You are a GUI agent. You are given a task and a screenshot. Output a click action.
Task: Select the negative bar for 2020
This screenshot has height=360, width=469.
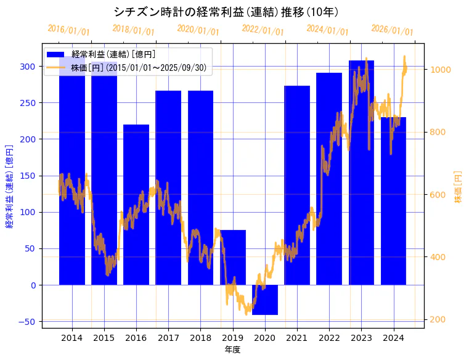pyautogui.click(x=265, y=300)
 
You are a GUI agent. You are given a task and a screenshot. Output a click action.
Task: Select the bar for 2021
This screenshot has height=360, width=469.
pyautogui.click(x=297, y=185)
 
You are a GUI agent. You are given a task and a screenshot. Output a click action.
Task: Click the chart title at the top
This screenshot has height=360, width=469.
pyautogui.click(x=226, y=12)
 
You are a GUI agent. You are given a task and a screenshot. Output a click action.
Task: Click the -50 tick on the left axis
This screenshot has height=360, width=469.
pyautogui.click(x=27, y=322)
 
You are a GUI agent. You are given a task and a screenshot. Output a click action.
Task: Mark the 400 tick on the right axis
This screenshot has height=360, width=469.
pyautogui.click(x=438, y=257)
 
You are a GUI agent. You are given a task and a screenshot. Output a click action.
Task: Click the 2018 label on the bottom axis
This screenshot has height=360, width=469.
pyautogui.click(x=200, y=338)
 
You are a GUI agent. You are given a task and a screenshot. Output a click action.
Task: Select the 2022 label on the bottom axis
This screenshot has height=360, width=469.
pyautogui.click(x=329, y=338)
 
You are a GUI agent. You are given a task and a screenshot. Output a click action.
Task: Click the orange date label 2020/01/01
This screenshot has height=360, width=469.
pyautogui.click(x=198, y=30)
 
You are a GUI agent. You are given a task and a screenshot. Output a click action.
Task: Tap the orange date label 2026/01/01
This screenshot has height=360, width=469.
pyautogui.click(x=392, y=30)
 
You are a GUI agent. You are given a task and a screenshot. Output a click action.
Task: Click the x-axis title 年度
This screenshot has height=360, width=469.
pyautogui.click(x=232, y=350)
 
